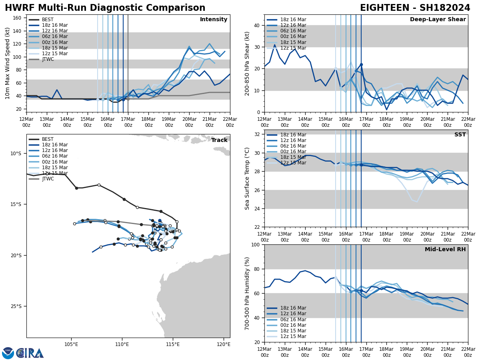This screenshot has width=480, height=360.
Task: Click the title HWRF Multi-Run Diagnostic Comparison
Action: [105, 8]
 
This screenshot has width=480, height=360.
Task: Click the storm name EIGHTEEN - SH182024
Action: [415, 8]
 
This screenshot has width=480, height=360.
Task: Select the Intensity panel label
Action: [213, 20]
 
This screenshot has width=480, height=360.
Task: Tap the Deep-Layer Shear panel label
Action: [438, 20]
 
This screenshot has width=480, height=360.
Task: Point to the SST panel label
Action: [460, 135]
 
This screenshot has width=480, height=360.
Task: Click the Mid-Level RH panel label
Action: [445, 250]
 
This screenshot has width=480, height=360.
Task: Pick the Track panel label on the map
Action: [219, 140]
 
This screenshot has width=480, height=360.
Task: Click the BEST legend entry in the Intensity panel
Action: [48, 20]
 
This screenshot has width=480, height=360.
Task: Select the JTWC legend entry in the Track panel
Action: [48, 179]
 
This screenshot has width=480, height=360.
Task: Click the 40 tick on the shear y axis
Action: [257, 25]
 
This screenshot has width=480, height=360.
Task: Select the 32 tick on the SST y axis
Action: [257, 134]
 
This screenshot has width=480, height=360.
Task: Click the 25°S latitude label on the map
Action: [16, 306]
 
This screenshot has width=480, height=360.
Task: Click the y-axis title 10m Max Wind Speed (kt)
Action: [7, 63]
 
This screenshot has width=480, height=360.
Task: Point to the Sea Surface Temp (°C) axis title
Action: [247, 178]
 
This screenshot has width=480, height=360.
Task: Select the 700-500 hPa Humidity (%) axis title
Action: [247, 293]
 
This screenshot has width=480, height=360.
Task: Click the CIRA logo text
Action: [30, 353]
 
